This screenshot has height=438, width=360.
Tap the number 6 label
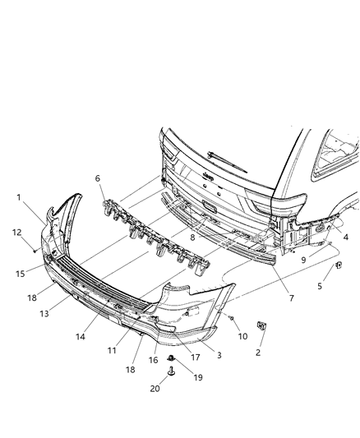point(98,178)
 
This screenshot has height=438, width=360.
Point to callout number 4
point(345,237)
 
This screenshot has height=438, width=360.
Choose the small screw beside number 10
point(233,317)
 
